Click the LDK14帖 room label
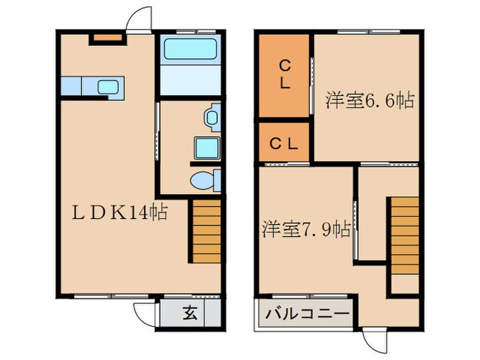coord(120,213)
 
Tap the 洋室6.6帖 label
coord(370,101)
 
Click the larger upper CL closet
coord(284,75)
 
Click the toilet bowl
coord(204,180)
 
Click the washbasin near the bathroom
coord(211,117)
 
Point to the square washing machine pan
coord(205,147)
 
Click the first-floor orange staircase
coord(206,231)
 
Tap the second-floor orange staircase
coord(405,236)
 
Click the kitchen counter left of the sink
coord(71,87)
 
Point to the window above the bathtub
coord(189,31)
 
